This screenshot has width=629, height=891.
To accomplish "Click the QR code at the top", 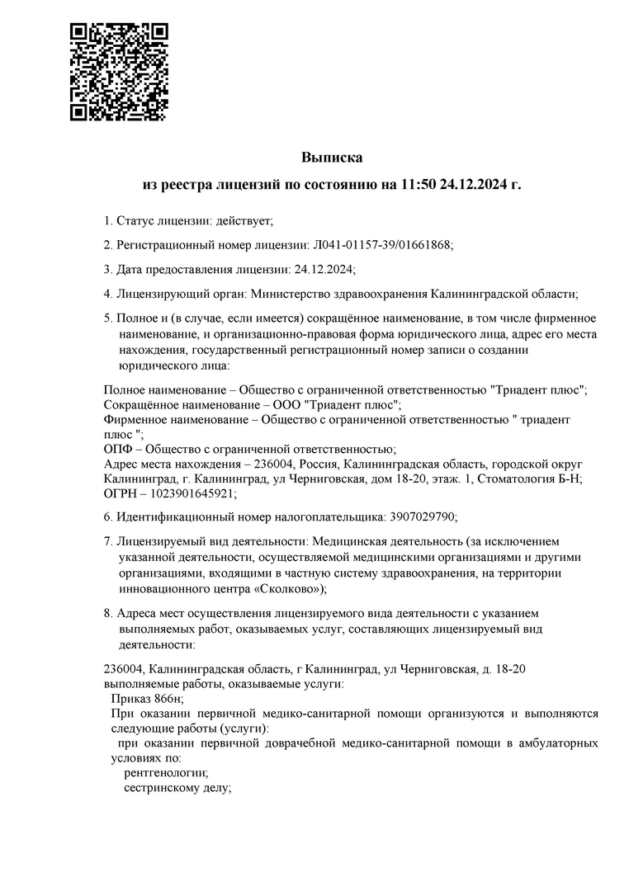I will point(119,72).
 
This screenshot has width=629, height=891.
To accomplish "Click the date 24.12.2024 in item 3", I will point(324,269).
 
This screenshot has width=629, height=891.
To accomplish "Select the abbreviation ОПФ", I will point(117,449).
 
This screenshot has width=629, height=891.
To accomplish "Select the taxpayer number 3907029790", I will point(421,516).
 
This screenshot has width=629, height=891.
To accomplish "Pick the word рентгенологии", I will point(165,773).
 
